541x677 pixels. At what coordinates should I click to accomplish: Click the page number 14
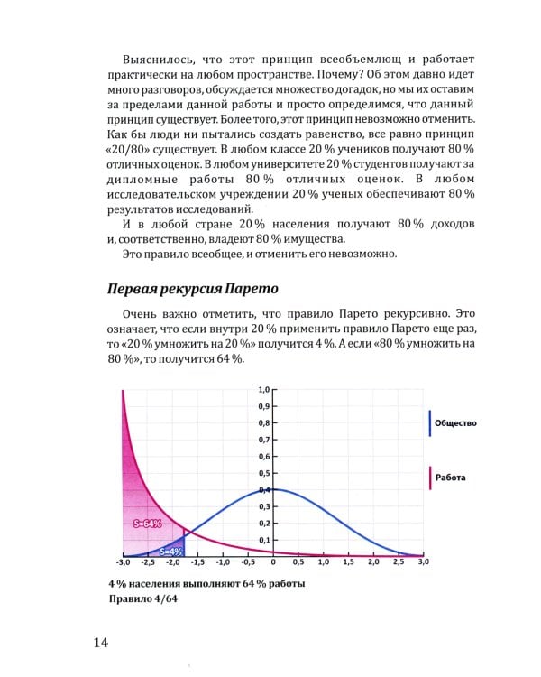tap(100, 642)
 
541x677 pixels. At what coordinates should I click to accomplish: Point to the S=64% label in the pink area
tap(147, 524)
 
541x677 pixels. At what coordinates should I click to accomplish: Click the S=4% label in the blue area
tap(171, 550)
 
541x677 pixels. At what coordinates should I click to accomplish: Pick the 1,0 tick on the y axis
tap(264, 389)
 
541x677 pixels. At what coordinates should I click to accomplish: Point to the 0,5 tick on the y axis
tap(264, 473)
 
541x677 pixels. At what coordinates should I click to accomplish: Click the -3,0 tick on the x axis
tap(123, 562)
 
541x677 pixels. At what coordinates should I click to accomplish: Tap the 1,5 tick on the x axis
tap(348, 562)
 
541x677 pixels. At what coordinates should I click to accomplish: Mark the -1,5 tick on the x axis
tap(197, 562)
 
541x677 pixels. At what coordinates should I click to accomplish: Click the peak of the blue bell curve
tap(272, 489)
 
